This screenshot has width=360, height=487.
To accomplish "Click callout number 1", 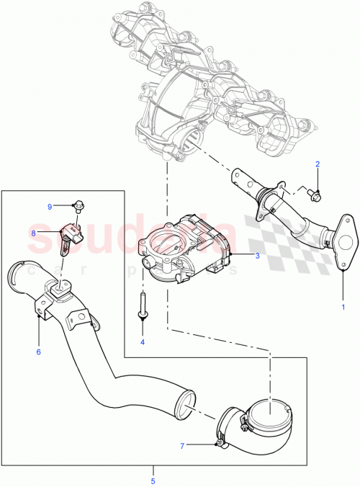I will pyautogui.click(x=343, y=307).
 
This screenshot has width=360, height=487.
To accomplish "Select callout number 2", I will pyautogui.click(x=317, y=165).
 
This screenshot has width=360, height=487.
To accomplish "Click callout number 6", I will pyautogui.click(x=38, y=352).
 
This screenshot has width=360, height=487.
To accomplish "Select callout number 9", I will pyautogui.click(x=50, y=207).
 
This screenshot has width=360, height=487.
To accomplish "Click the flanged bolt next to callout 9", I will pyautogui.click(x=77, y=206).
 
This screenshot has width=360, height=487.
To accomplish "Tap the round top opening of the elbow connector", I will pyautogui.click(x=268, y=411).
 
